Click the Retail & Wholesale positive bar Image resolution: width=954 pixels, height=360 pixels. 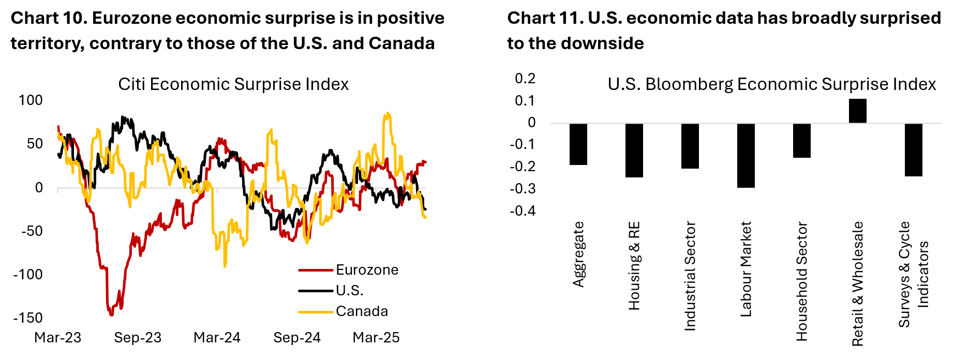click(858, 111)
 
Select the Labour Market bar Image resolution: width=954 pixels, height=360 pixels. click(746, 155)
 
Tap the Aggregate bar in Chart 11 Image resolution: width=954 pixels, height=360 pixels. click(578, 144)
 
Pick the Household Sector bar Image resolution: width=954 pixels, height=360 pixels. click(801, 140)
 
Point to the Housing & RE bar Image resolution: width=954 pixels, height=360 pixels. click(634, 150)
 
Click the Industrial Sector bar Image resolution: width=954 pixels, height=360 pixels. click(690, 146)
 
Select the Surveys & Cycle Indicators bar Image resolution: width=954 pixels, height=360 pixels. click(914, 149)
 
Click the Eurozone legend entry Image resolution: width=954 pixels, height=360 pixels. click(367, 270)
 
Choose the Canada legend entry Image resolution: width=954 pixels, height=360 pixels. click(362, 311)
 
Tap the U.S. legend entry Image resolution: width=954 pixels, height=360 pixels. click(349, 291)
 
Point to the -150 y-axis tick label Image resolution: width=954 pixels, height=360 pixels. click(28, 318)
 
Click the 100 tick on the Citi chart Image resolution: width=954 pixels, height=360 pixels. click(31, 100)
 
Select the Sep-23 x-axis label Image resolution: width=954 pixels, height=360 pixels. click(138, 338)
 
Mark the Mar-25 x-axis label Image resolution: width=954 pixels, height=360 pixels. click(376, 338)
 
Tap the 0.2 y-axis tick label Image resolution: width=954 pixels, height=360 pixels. click(525, 79)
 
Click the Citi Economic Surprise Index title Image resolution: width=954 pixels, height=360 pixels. click(233, 84)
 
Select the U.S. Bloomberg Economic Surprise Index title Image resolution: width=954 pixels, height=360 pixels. click(771, 84)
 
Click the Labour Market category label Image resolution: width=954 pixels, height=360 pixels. click(746, 269)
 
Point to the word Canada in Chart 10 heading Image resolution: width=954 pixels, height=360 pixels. click(401, 43)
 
